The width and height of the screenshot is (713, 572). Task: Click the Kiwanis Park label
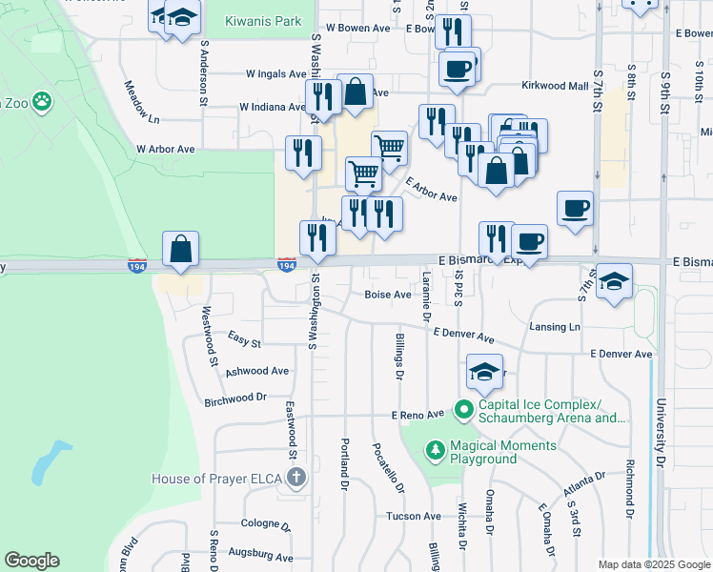coord(263,21)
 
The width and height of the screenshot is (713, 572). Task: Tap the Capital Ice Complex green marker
coord(464,411)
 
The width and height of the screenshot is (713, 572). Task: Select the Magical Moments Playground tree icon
coord(435,448)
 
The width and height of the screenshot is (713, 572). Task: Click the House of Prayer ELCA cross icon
coord(296,478)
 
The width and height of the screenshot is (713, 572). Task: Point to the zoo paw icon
coord(41,100)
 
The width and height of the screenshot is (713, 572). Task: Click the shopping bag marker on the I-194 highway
coord(180,250)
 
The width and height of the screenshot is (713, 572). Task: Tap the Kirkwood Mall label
coord(555,86)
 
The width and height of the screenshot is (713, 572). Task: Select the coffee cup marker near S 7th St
coord(575,209)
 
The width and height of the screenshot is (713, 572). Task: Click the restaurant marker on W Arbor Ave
coord(303,153)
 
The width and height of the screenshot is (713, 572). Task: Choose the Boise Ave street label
coord(388,295)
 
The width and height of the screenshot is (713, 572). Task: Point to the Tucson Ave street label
coord(413,516)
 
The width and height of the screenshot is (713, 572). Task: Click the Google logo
coord(31,562)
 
